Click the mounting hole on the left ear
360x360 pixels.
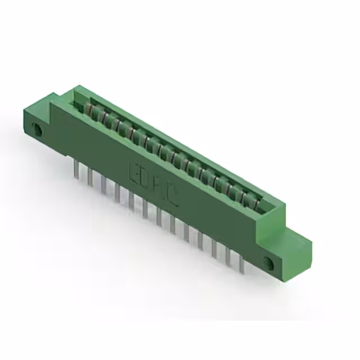[39, 130]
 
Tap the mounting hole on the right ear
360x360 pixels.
[268, 262]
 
